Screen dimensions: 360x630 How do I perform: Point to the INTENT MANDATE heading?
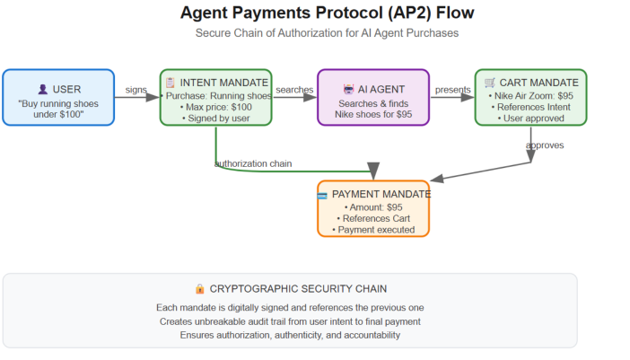coord(223,83)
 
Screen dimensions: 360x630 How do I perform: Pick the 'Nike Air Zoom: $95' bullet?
coord(530,95)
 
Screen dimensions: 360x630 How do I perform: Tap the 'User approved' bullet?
coord(530,119)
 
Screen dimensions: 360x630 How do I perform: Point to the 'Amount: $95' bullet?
coord(373,206)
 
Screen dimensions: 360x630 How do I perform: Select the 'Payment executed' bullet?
coord(373,230)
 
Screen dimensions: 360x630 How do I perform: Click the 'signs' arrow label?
coord(136,89)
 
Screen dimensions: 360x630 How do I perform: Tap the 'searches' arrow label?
coord(293,89)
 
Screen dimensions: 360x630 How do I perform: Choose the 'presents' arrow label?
coord(451,89)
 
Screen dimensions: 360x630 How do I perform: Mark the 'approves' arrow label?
coord(545,145)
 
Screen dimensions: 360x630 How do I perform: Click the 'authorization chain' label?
coord(252,162)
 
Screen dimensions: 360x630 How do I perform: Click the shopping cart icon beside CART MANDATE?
coord(490,83)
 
